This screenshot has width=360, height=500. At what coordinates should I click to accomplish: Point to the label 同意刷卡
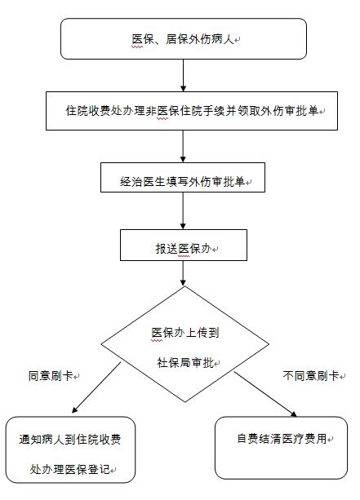click(51, 376)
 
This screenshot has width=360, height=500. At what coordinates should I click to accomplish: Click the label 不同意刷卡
click(311, 376)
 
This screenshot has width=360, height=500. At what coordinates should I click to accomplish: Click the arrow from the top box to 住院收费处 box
click(183, 75)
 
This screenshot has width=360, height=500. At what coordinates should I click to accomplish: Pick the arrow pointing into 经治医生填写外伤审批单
click(183, 146)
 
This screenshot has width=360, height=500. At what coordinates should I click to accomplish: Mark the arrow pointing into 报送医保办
click(183, 210)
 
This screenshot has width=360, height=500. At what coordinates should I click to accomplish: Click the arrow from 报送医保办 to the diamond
click(183, 273)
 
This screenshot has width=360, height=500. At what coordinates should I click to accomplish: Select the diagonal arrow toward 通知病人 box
click(96, 387)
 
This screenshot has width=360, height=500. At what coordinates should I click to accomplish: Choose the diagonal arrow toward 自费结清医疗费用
click(265, 394)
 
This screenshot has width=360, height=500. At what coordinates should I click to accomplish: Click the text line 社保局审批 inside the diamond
click(185, 363)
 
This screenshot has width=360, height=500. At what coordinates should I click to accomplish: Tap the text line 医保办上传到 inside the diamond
click(185, 333)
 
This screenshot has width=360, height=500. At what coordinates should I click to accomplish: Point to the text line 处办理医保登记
click(70, 469)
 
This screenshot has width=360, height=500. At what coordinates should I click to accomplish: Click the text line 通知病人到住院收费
click(70, 440)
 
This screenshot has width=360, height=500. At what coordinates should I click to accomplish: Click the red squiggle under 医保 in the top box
click(138, 46)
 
